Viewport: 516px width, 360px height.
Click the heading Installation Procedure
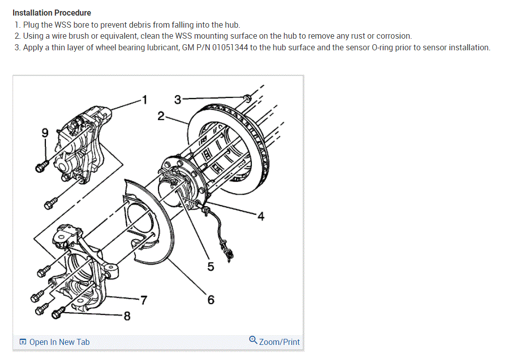[52, 13]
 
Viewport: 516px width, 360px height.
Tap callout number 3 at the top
[178, 99]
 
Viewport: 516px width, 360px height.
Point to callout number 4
[261, 217]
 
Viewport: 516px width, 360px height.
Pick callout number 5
[210, 266]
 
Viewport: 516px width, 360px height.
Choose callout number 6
[211, 300]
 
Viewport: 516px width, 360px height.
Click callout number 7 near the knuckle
[144, 301]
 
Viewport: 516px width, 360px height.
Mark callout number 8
[127, 316]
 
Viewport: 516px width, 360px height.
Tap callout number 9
[45, 134]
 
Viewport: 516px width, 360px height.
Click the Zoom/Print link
[279, 342]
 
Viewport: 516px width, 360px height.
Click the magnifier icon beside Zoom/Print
[253, 340]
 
